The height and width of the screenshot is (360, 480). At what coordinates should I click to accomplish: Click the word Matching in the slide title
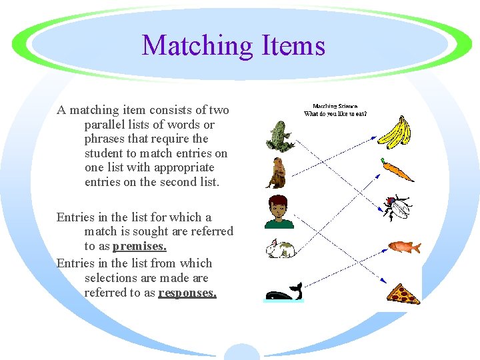pos(195,46)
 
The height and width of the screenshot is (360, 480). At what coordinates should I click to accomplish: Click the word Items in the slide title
pos(289,46)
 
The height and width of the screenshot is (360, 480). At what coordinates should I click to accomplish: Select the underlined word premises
pos(139,246)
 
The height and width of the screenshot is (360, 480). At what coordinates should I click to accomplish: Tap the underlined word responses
pos(187,293)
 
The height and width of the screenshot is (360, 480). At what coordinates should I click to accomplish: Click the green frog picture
pos(278,136)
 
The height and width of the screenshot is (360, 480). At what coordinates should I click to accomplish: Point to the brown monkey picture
pos(276,173)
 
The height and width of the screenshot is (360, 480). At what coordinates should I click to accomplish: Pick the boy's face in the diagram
pos(279,211)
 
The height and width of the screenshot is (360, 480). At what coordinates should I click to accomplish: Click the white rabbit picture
pos(281,249)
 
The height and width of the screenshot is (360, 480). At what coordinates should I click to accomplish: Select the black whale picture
pos(283,292)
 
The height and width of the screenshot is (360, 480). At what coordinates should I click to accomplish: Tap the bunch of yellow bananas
pos(395,131)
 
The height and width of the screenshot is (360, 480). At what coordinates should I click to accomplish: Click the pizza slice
pos(404,293)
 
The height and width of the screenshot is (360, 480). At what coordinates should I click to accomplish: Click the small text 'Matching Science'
pos(335,106)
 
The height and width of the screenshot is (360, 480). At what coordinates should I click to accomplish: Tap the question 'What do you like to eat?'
pos(335,113)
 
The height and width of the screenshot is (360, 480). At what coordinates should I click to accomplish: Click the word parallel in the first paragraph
pos(103,125)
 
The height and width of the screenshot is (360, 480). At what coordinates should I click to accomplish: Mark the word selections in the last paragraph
pos(111,278)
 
